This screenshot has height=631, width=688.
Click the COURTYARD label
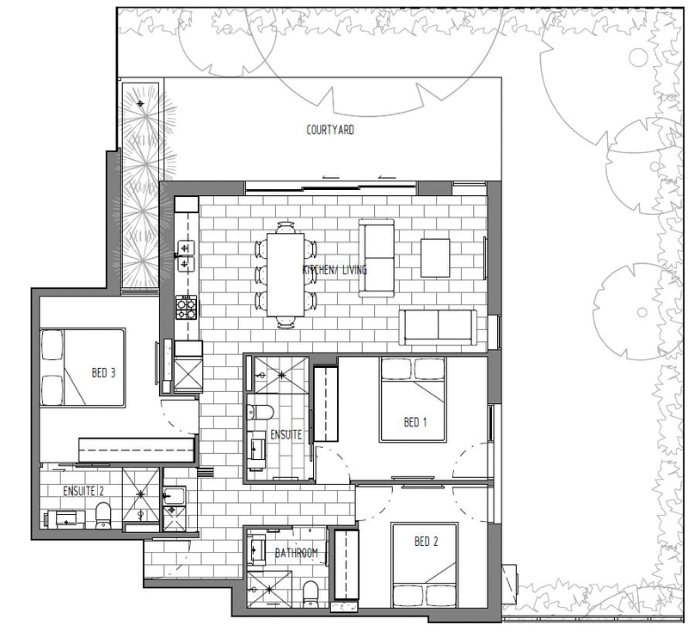pyautogui.click(x=330, y=131)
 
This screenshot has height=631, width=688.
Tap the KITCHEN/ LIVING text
pyautogui.click(x=335, y=270)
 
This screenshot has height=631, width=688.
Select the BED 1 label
pyautogui.click(x=415, y=422)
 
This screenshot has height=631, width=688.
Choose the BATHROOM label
pyautogui.click(x=298, y=554)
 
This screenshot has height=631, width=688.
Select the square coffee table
pyautogui.click(x=435, y=257)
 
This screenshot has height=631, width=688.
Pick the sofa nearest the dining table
pyautogui.click(x=377, y=258)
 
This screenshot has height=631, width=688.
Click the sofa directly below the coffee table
pyautogui.click(x=438, y=328)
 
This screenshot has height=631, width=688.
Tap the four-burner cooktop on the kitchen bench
pyautogui.click(x=187, y=307)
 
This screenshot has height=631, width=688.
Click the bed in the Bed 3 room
pyautogui.click(x=83, y=368)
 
